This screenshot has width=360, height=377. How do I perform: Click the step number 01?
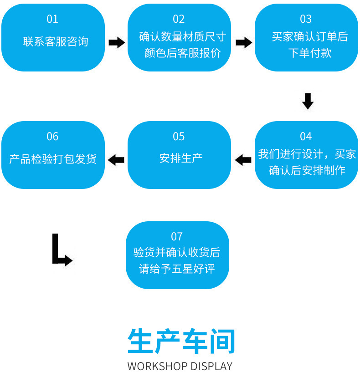point(52,19)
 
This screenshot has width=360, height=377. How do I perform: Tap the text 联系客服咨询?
point(56,42)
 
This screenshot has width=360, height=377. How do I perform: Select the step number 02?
point(179,19)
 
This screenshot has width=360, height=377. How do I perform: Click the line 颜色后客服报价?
point(182,53)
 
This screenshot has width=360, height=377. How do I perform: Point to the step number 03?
point(306,19)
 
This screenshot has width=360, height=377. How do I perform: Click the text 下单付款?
point(310,53)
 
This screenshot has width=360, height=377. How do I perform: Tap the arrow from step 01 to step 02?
point(117,43)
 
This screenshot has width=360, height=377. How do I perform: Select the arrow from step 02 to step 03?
point(244,43)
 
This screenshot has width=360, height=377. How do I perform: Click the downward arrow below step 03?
point(308,101)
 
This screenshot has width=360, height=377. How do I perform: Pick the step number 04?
point(306,137)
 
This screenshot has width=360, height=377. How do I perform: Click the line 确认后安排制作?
point(307,171)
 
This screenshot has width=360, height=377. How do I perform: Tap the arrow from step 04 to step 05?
point(243,160)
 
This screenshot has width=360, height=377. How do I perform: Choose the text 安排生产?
point(181,158)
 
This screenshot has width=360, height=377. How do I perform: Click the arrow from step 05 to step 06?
point(116,160)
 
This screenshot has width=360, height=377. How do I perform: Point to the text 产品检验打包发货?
point(53,159)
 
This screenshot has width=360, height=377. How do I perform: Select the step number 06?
point(52,137)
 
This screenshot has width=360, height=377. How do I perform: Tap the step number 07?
point(177,236)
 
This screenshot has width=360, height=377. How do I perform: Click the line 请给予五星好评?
point(177,269)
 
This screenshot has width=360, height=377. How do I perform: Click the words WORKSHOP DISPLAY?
point(180,366)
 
